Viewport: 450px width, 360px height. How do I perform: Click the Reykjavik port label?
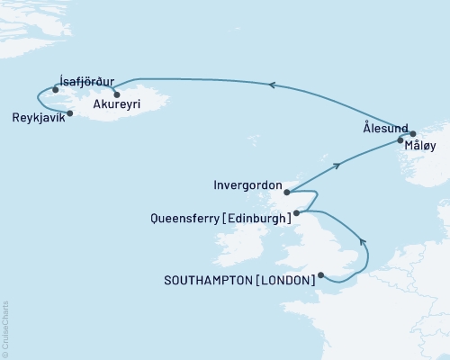[40, 120]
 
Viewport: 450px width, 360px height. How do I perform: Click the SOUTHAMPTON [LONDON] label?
[240, 280]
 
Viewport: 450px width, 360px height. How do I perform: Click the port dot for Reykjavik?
[70, 113]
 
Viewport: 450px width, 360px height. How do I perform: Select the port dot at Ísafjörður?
[56, 89]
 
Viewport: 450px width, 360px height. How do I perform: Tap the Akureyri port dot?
[116, 93]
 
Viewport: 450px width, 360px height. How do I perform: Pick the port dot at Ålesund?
[413, 132]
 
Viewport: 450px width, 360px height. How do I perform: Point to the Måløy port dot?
[400, 140]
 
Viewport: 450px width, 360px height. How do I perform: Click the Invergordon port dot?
[285, 191]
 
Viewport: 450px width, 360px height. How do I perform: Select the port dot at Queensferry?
[296, 212]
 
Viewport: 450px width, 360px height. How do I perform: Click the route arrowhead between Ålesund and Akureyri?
[271, 85]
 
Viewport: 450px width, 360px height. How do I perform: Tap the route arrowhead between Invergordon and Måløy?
[337, 166]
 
